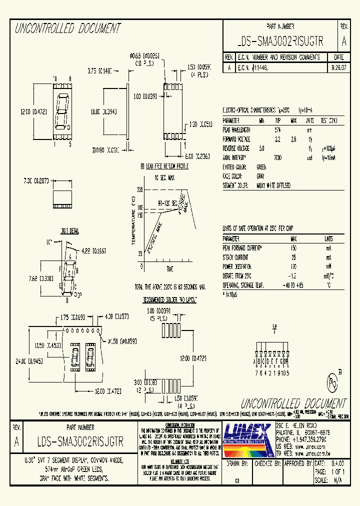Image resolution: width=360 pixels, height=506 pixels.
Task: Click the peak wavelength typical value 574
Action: coord(277,129)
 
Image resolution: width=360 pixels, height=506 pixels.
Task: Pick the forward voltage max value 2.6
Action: coord(294,138)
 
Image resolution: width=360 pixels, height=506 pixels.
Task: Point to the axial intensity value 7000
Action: coord(277,157)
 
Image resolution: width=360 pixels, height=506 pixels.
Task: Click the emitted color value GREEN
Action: coord(261,167)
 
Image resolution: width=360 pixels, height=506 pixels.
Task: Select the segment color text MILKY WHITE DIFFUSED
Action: coord(274,185)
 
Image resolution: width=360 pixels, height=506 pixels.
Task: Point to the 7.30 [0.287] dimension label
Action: coord(36,181)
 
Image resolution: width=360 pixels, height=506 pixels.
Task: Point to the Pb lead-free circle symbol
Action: coord(331,382)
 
